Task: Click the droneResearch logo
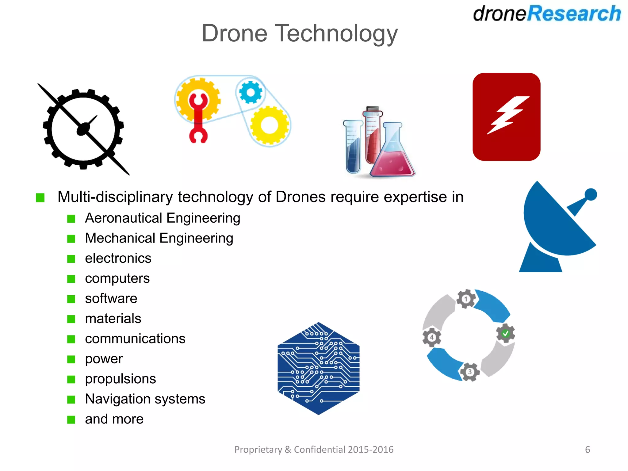(547, 14)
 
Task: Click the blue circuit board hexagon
(318, 368)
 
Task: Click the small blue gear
(251, 92)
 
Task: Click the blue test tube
(353, 147)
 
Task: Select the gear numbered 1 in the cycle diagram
(466, 299)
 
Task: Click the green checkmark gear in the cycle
(505, 333)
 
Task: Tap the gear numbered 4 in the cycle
(432, 337)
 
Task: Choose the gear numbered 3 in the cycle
(469, 372)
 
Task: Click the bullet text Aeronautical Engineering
(163, 218)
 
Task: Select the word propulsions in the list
(121, 379)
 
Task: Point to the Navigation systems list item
(145, 399)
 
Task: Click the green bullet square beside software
(71, 299)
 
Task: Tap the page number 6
(587, 450)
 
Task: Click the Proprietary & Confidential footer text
(314, 450)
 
